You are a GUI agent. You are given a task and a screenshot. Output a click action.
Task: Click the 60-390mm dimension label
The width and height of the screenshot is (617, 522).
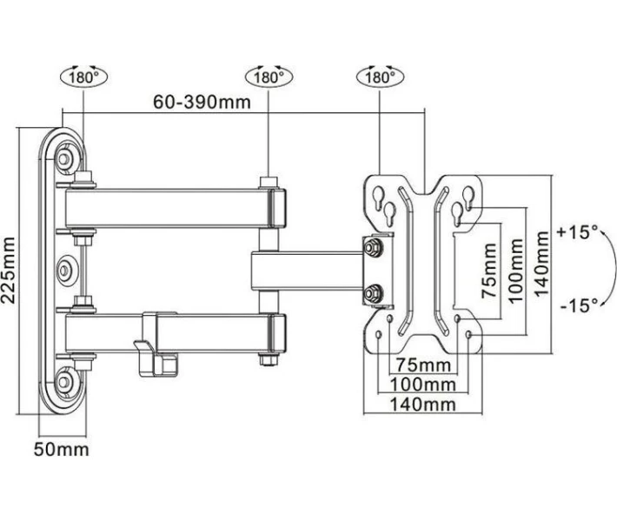(x=202, y=102)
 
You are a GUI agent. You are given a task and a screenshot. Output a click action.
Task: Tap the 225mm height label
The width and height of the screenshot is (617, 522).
(x=9, y=271)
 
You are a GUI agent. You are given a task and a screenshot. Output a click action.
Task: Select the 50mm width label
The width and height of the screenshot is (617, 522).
(x=62, y=450)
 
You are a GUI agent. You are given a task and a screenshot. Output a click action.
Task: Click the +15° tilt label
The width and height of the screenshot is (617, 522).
(x=577, y=231)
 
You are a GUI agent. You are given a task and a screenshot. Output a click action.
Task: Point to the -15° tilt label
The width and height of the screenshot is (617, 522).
(x=579, y=304)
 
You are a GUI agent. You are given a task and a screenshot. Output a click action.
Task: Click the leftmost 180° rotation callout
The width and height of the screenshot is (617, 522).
(x=83, y=77)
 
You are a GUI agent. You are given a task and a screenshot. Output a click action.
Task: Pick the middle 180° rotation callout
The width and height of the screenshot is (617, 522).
(x=269, y=77)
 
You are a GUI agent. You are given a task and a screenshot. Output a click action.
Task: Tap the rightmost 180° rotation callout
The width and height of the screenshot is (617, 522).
(x=380, y=77)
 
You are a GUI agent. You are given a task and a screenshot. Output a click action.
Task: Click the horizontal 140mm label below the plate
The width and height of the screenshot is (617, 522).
(x=423, y=405)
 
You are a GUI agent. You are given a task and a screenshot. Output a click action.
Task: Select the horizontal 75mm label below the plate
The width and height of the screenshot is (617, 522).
(x=423, y=365)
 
